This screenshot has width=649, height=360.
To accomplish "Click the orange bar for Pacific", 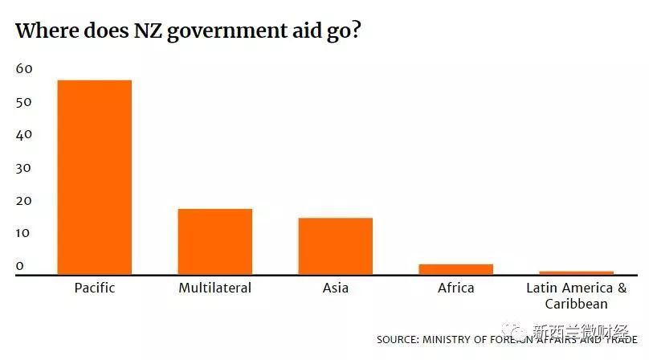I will point(94,177).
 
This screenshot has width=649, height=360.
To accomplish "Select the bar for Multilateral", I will point(215,241).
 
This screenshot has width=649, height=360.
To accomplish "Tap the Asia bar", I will point(336,246).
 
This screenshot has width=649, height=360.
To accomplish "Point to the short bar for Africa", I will point(455,269).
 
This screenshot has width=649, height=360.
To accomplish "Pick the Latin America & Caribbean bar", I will point(576,273).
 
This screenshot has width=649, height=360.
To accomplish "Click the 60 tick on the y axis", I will point(24,69).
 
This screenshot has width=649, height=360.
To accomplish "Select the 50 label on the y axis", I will point(24,102).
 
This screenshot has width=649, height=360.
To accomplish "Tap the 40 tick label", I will point(24,135).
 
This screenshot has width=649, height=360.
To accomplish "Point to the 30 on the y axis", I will point(24,168).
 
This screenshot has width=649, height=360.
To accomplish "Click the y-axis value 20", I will point(24,201).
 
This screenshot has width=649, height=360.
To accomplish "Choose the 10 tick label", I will point(24,234).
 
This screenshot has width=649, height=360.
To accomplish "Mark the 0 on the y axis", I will point(20,266).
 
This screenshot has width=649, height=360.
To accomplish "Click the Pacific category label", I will point(94,288).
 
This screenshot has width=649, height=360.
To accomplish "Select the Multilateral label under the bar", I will point(215,288).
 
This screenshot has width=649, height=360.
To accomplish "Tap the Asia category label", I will point(336,288).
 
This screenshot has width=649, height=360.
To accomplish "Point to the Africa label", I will point(455,288).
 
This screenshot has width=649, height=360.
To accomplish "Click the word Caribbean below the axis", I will point(576,304).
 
